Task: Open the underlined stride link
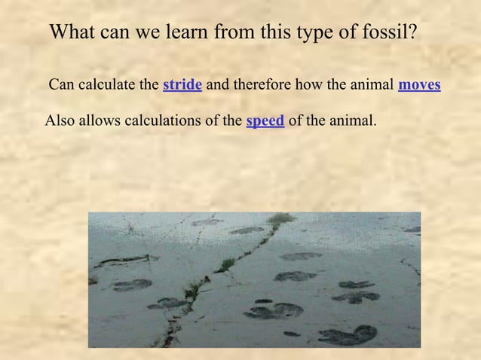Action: click(x=182, y=84)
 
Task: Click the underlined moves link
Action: click(x=419, y=84)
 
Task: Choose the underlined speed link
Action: click(x=265, y=121)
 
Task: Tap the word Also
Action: click(x=60, y=121)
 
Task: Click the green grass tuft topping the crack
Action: click(x=281, y=219)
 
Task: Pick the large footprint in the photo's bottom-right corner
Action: click(x=348, y=334)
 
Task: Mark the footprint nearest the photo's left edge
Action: click(x=133, y=285)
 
